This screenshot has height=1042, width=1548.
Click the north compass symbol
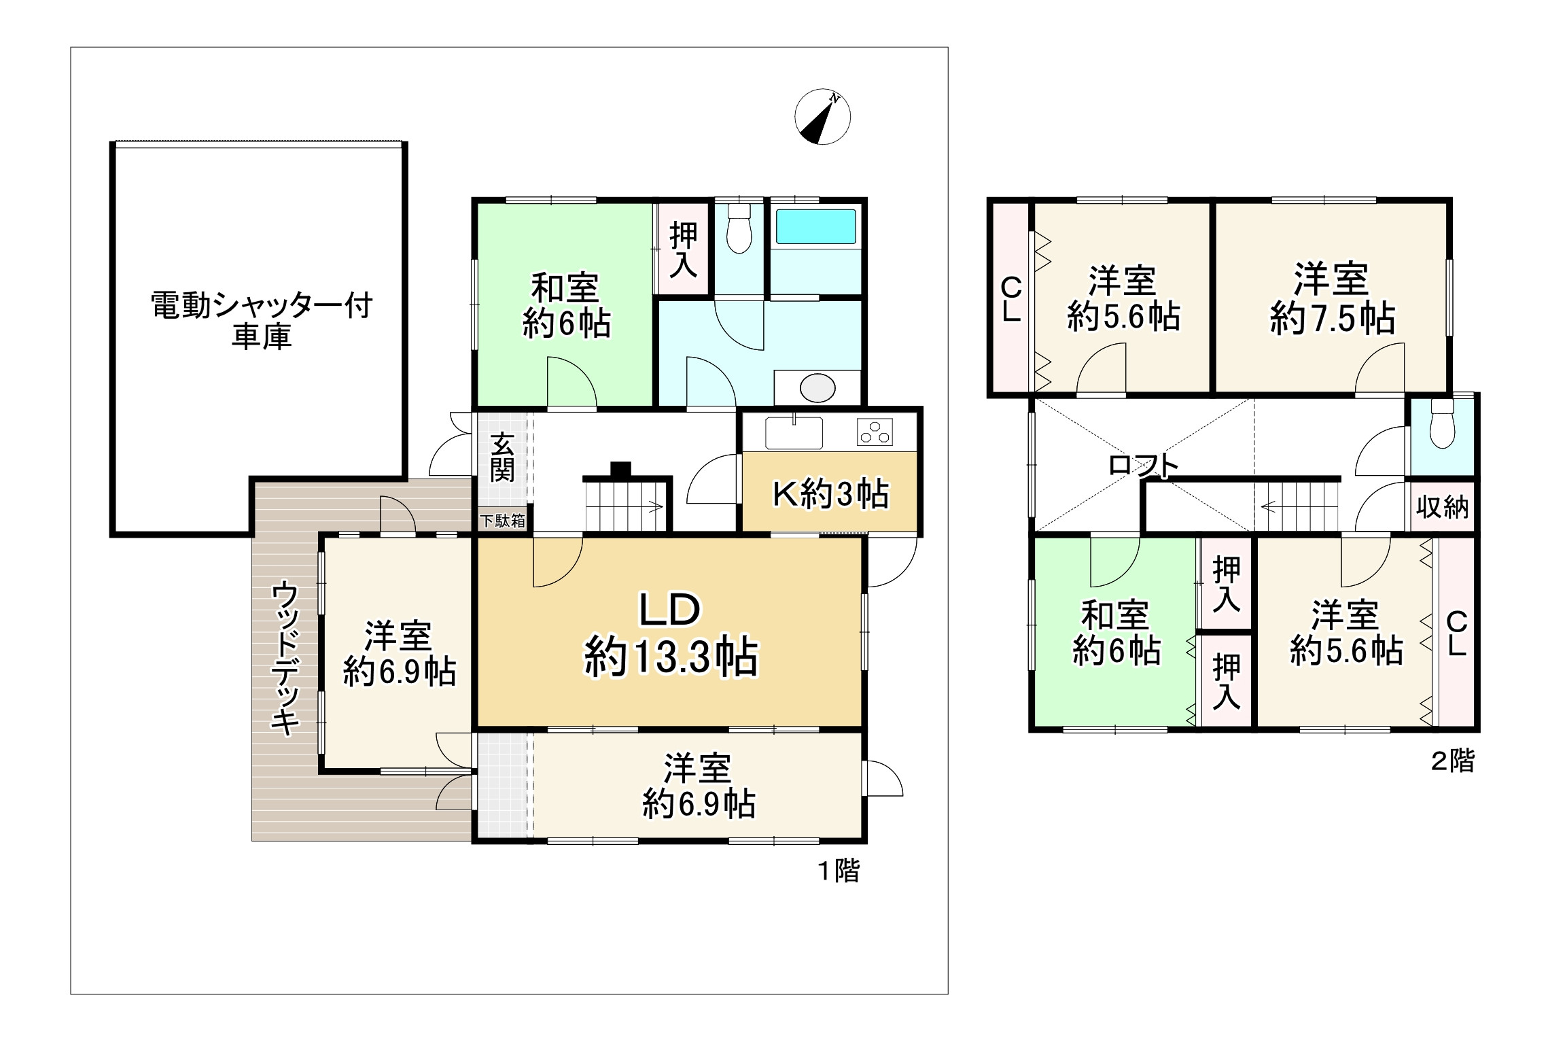tap(822, 117)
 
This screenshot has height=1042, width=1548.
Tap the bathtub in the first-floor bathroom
tap(815, 226)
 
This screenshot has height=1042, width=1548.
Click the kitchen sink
tap(794, 433)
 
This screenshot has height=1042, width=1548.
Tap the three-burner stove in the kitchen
tap(875, 432)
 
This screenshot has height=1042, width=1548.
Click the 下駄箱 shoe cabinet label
tap(502, 521)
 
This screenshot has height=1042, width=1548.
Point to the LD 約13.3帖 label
tap(671, 633)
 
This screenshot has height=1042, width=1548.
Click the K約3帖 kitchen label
tap(830, 494)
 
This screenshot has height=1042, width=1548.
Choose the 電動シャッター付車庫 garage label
tap(262, 321)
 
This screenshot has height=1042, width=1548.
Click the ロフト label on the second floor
tap(1144, 466)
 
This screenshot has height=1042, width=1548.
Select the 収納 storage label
tap(1443, 507)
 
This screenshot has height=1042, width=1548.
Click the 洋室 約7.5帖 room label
tap(1333, 299)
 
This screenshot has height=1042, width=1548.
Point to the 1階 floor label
tap(839, 871)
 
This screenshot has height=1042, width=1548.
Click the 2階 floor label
tap(1453, 761)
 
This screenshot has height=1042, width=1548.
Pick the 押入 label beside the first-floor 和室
tap(683, 249)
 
